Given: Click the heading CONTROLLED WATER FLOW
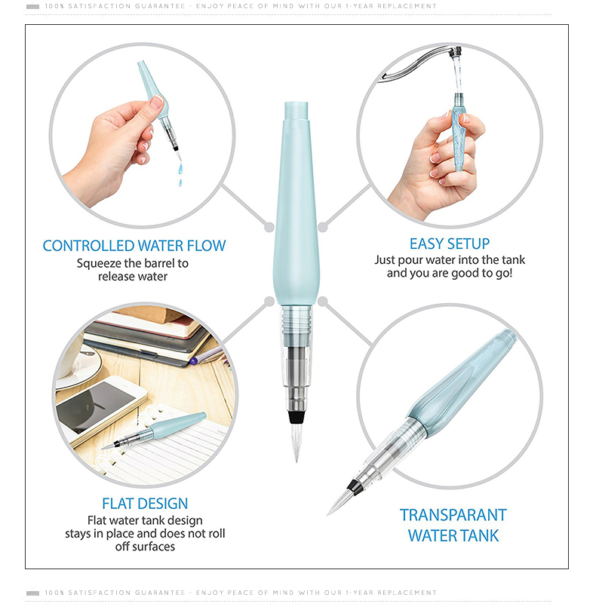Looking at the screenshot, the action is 134,246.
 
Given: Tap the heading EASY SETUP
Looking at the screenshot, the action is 450,244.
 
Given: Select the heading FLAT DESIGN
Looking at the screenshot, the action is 145,504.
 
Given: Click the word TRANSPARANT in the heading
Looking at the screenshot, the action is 453,515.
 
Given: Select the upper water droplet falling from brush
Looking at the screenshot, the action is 180,169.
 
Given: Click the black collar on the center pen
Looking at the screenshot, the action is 296,417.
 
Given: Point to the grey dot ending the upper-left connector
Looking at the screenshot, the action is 269,227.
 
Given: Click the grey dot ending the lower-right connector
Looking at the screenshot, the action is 323,301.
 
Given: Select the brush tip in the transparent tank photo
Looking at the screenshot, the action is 339,501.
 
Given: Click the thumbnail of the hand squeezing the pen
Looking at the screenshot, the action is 142,135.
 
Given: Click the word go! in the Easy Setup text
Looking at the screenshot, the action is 504,273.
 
